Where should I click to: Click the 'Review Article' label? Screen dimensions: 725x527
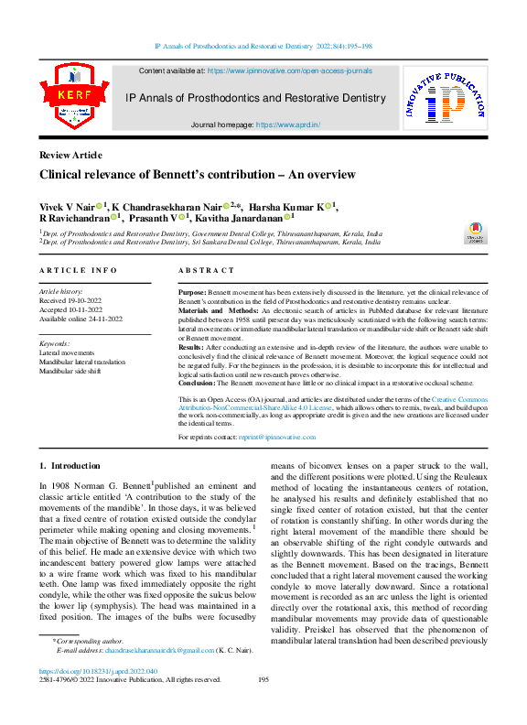pos(70,155)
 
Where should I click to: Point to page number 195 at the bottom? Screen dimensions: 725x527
pos(263,679)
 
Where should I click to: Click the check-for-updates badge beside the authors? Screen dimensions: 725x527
pos(477,230)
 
